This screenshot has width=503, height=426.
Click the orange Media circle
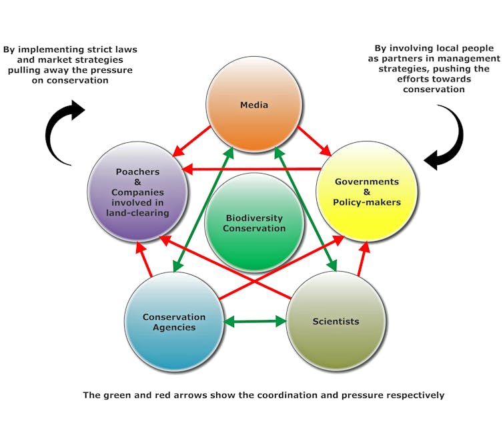[254, 101]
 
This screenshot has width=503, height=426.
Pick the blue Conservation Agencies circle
[173, 321]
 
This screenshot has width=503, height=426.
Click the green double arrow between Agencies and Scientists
[255, 322]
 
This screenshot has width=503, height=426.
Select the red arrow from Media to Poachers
[193, 141]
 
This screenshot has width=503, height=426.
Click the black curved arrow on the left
[62, 134]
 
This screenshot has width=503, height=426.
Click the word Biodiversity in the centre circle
[254, 218]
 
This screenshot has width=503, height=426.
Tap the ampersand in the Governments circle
[367, 192]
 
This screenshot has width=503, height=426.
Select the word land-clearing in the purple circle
[137, 212]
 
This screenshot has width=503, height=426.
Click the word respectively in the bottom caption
[414, 395]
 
